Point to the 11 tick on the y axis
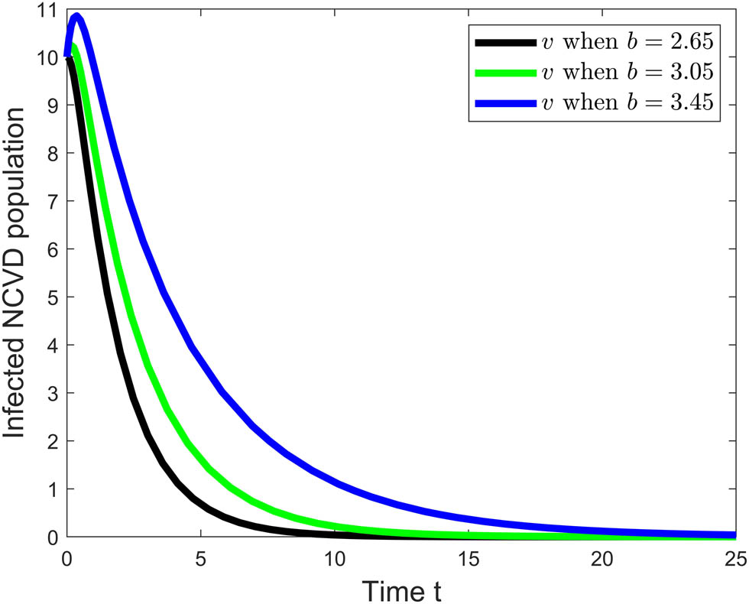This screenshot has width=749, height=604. click(x=47, y=9)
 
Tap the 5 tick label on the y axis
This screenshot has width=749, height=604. click(x=52, y=297)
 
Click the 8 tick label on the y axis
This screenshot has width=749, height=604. click(x=52, y=153)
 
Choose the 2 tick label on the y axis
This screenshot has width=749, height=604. click(x=52, y=441)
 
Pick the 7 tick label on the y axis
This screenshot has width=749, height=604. click(x=52, y=201)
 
